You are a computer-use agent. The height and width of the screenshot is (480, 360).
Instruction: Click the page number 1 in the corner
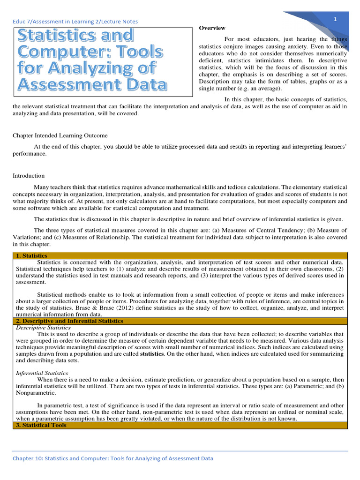[x=336, y=19]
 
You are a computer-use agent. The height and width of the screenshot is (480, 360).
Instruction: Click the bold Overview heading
[x=212, y=28]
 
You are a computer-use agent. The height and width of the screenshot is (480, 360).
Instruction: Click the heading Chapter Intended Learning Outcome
[x=60, y=135]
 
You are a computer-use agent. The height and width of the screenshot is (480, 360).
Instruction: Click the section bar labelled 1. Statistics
[x=31, y=256]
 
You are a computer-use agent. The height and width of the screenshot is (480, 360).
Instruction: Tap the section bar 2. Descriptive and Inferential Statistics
[x=69, y=321]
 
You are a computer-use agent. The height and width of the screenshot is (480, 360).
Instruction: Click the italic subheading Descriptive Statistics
[x=43, y=328]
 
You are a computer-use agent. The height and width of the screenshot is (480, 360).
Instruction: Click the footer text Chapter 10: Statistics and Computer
[x=112, y=458]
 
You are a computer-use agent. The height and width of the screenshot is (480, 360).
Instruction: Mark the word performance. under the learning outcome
[x=30, y=153]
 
